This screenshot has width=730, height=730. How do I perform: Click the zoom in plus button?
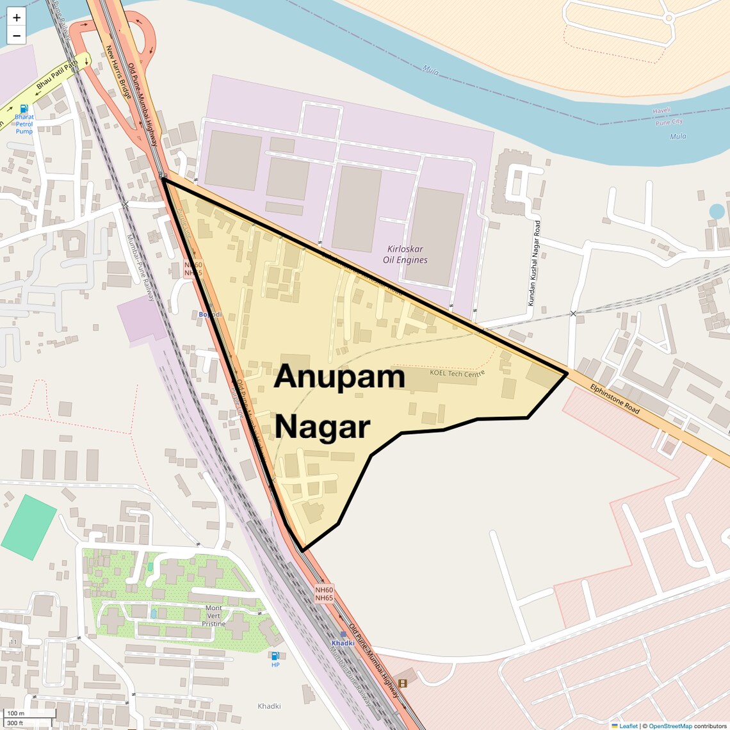click(x=17, y=17)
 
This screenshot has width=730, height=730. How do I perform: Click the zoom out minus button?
click(x=17, y=36)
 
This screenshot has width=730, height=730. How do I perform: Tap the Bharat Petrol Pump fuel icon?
click(x=24, y=109)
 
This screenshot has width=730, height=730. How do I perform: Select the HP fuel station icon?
click(x=275, y=655)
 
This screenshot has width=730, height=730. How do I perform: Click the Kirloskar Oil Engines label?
click(x=405, y=254)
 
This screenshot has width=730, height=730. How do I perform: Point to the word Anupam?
click(x=339, y=377)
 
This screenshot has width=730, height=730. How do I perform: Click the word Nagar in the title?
click(x=323, y=427)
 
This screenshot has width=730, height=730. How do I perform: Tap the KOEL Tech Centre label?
click(x=457, y=373)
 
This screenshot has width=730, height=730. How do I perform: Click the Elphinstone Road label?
click(x=615, y=398)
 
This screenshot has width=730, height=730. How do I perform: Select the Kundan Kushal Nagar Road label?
click(x=534, y=263)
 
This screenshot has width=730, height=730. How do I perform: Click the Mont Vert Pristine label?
click(x=214, y=615)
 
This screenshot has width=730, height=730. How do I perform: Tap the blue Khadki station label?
click(x=343, y=643)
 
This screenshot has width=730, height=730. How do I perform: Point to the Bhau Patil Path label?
click(x=57, y=75)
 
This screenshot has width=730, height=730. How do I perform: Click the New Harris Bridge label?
click(x=118, y=71)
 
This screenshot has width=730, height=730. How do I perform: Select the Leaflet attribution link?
click(x=628, y=726)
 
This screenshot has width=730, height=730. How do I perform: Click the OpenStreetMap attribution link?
click(x=670, y=726)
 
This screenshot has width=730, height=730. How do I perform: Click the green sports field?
click(x=29, y=527)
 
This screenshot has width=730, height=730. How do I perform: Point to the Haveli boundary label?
click(x=661, y=111)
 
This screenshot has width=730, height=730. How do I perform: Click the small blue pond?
click(x=717, y=211)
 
